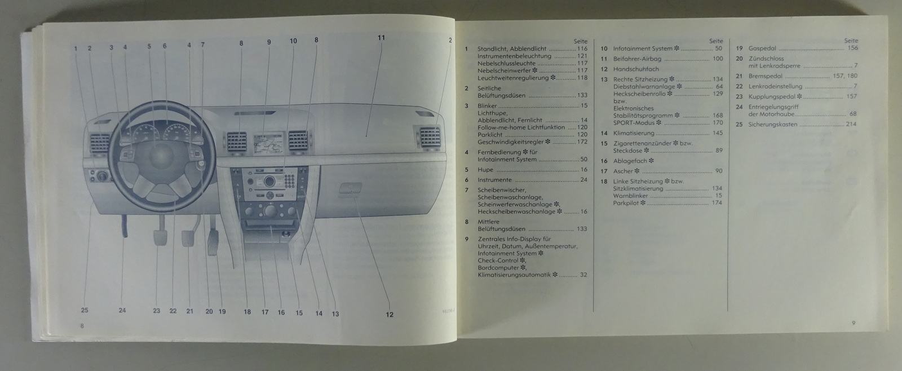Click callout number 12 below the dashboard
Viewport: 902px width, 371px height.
[x=390, y=315]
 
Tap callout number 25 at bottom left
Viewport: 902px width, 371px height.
[x=85, y=310]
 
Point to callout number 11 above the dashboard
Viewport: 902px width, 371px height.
[x=381, y=38]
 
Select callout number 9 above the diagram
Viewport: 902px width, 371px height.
[x=269, y=42]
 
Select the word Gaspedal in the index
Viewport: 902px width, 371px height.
[x=762, y=48]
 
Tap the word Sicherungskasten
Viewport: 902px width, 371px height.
[x=772, y=125]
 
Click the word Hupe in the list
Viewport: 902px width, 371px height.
[x=485, y=170]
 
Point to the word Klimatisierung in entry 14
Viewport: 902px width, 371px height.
[x=634, y=134]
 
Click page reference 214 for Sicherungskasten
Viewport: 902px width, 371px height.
[x=851, y=125]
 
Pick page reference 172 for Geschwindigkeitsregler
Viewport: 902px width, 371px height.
[x=582, y=142]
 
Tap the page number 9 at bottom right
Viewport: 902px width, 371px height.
[x=854, y=323]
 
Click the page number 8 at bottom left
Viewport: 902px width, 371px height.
[x=82, y=326]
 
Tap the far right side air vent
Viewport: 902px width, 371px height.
[x=430, y=138]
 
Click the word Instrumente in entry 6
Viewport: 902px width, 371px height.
[x=494, y=180]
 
